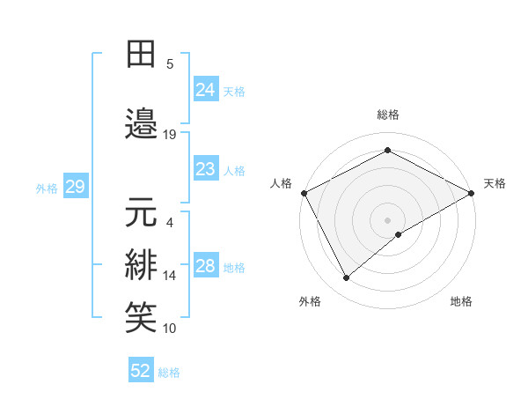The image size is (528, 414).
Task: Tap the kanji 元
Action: [142, 212]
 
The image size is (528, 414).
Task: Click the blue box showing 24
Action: [206, 89]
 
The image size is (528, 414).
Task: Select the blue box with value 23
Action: [206, 169]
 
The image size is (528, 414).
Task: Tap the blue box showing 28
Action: [206, 266]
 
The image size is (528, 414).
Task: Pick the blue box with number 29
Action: [75, 187]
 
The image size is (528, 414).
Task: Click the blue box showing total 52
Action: [141, 371]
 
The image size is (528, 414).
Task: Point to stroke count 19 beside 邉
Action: [170, 135]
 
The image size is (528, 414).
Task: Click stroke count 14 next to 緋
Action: [170, 276]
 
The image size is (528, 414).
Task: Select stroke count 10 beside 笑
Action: [170, 329]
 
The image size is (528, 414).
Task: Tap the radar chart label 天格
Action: [495, 183]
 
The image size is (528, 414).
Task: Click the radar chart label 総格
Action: [388, 115]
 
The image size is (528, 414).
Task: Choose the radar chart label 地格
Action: [461, 301]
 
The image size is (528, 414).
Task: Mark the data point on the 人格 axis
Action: [304, 192]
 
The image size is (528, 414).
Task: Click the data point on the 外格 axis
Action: [347, 278]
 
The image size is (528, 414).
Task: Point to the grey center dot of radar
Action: [388, 219]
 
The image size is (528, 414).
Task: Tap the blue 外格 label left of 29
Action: [47, 188]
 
